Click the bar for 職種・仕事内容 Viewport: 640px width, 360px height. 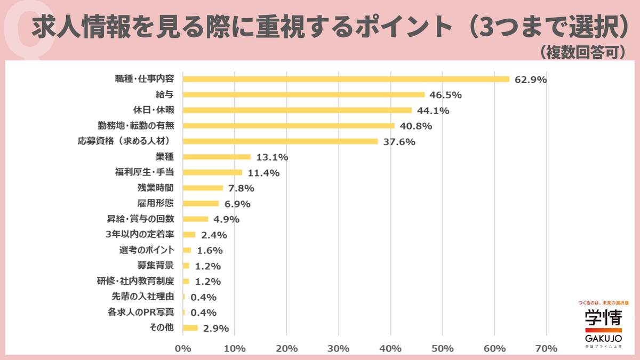(x=346, y=79)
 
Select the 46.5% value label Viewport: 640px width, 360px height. (x=445, y=95)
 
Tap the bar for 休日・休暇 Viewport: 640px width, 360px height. (x=297, y=110)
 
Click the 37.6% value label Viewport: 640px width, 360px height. (x=399, y=142)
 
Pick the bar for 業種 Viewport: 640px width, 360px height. (x=217, y=157)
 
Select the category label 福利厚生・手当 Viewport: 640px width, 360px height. (x=144, y=172)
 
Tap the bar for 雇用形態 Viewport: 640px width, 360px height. (x=201, y=204)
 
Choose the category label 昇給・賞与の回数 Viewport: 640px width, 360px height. (x=141, y=219)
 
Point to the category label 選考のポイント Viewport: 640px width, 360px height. (x=147, y=250)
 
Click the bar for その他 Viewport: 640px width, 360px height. (x=190, y=328)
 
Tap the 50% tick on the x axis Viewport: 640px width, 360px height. (x=442, y=348)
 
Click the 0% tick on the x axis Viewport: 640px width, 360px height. (x=183, y=348)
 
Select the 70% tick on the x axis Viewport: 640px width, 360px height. (x=546, y=348)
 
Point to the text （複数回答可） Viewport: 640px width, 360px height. (x=582, y=52)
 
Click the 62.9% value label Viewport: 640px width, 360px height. (x=531, y=79)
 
